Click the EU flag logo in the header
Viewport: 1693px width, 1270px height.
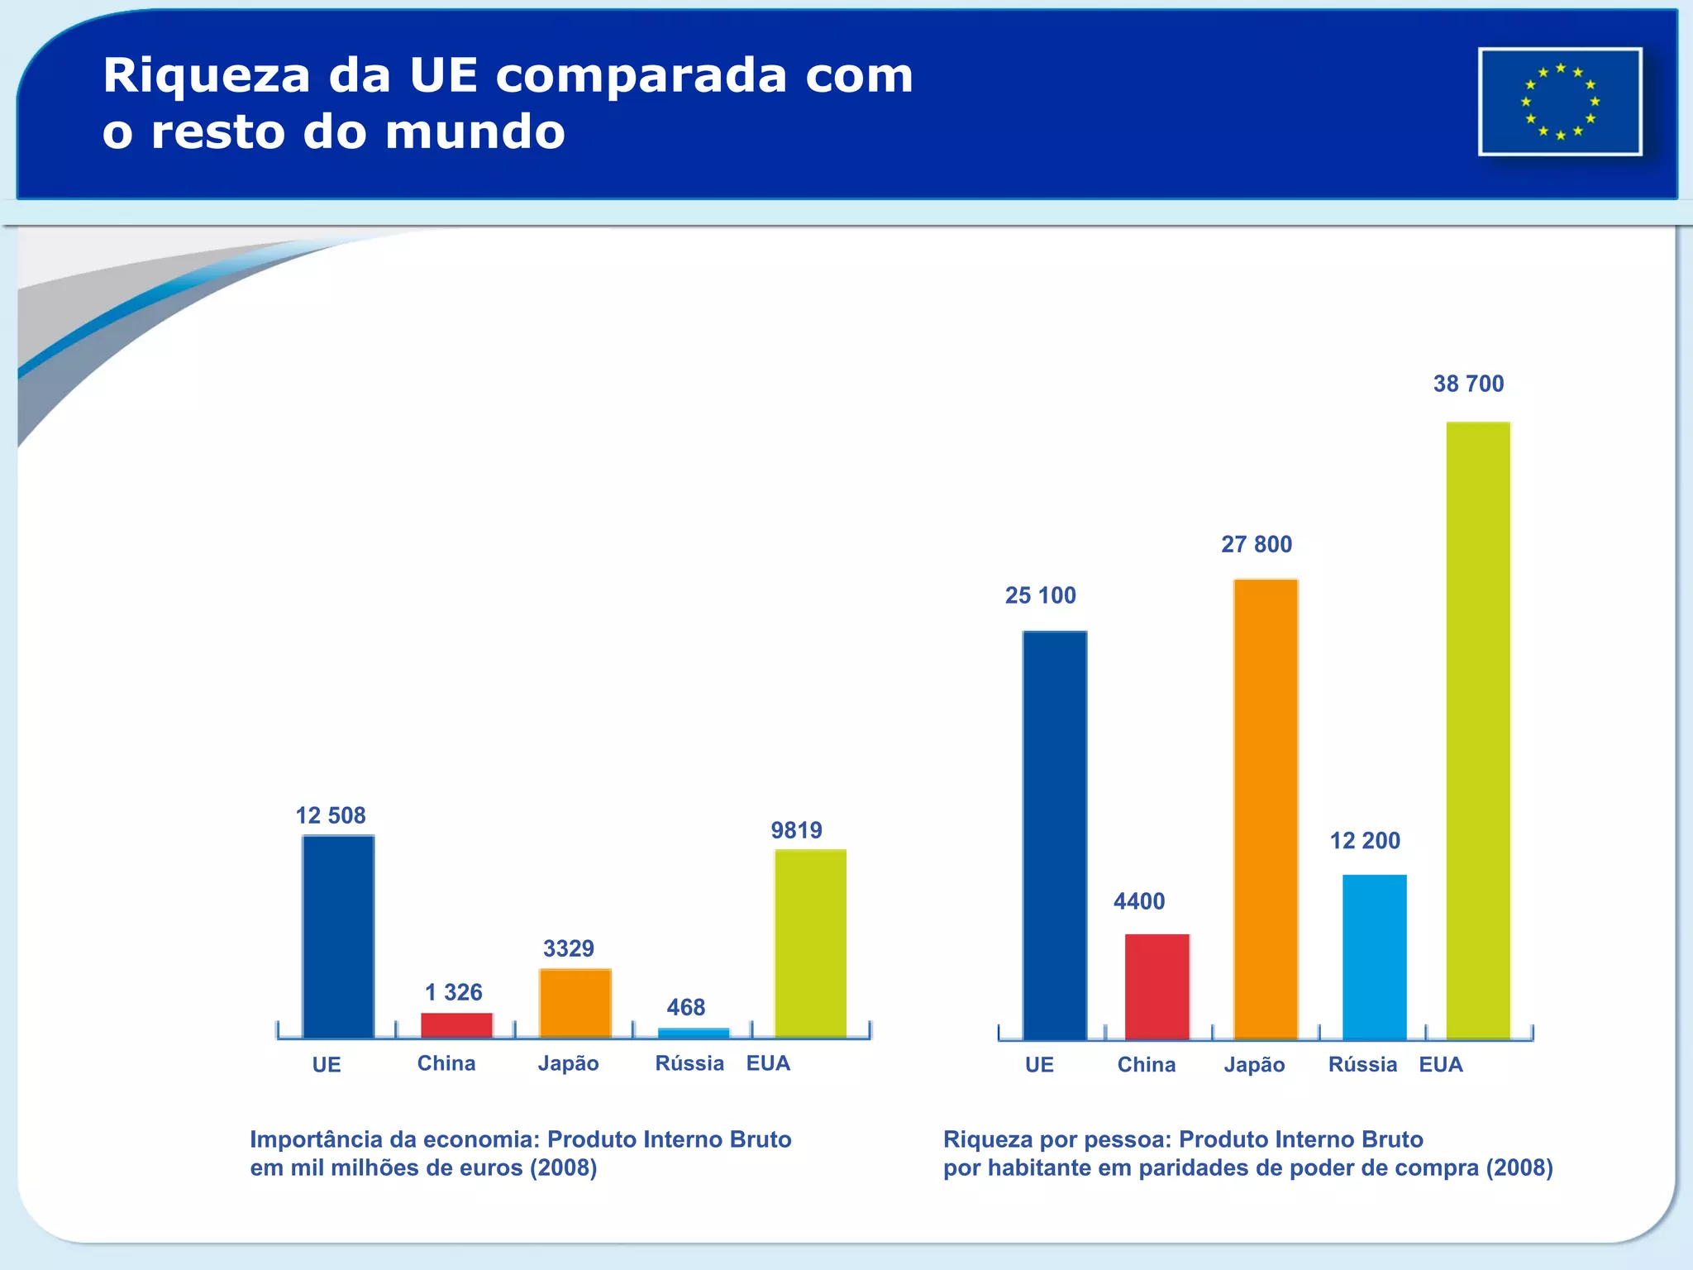coord(1559,102)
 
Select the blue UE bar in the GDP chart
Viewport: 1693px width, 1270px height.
coord(338,936)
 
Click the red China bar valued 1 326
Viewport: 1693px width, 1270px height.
coord(456,1025)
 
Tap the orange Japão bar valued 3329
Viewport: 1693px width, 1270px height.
coord(575,1003)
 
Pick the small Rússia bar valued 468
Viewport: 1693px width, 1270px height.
coord(694,1033)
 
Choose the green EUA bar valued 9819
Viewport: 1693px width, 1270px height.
coord(810,943)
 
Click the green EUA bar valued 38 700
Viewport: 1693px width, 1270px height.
coord(1477,730)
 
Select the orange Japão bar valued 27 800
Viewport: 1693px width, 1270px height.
coord(1265,809)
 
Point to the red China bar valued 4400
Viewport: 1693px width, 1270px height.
coord(1156,986)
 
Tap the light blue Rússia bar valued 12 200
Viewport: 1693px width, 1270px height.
coord(1374,957)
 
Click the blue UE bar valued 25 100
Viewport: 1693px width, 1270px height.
coord(1054,835)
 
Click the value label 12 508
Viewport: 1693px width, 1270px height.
coord(331,816)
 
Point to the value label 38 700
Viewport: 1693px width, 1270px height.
coord(1468,384)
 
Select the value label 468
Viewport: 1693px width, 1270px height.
coord(685,1007)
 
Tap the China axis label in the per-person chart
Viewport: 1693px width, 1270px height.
coord(1146,1065)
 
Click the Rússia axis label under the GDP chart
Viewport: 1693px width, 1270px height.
coord(689,1063)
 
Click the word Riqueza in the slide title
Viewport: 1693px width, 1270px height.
coord(207,76)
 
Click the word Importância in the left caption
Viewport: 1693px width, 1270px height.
coord(317,1139)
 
